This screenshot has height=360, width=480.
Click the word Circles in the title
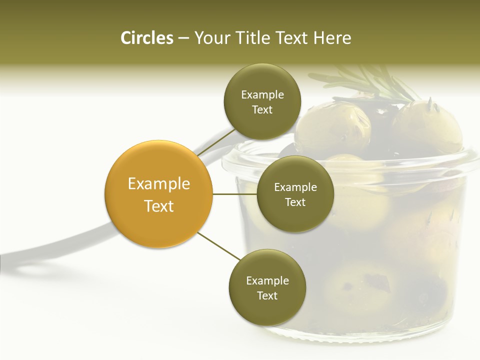[x=147, y=38]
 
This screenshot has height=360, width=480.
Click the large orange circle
[x=159, y=194]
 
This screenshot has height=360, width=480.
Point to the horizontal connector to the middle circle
[x=235, y=194]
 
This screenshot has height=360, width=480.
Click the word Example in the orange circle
[x=159, y=184]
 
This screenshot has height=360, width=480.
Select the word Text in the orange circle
[x=159, y=206]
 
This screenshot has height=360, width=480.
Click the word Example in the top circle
[x=262, y=95]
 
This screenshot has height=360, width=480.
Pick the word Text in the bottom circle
[x=267, y=295]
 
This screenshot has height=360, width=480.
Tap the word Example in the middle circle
[x=295, y=187]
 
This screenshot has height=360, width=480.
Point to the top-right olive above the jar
[x=430, y=125]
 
